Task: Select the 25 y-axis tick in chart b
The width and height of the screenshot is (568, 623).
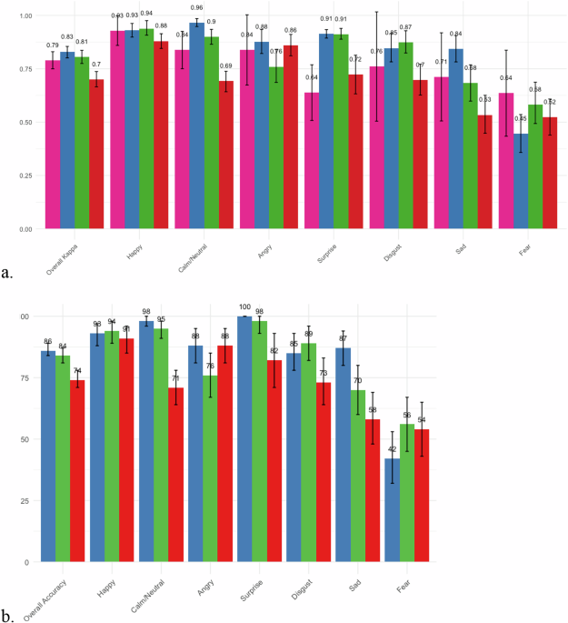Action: tap(25, 500)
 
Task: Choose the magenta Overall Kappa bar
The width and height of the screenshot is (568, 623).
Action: tap(53, 145)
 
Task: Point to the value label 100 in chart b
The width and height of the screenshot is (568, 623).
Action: tap(244, 306)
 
